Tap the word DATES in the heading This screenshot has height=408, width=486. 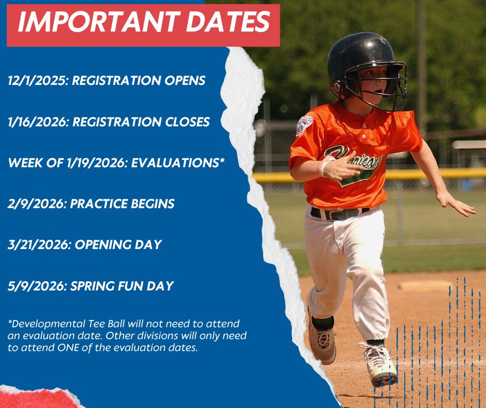tap(228, 22)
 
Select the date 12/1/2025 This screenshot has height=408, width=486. tap(37, 81)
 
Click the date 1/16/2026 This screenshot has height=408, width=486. tap(37, 122)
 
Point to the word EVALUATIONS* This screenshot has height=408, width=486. tap(178, 163)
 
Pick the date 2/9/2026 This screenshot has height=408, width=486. tap(36, 204)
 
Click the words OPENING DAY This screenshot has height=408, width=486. tap(118, 245)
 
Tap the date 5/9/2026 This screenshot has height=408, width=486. tap(36, 286)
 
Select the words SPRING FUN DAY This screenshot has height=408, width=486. tap(122, 286)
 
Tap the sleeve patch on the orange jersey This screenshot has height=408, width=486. tap(304, 125)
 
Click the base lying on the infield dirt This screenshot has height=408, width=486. tap(424, 285)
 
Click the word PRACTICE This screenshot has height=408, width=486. tap(99, 203)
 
